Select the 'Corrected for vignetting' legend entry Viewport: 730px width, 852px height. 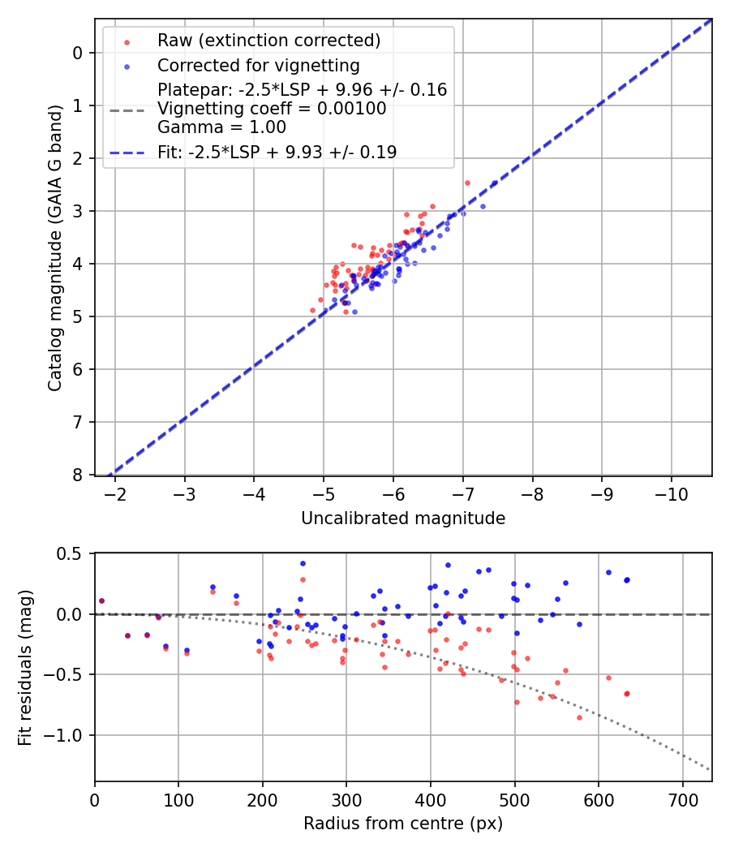pyautogui.click(x=259, y=65)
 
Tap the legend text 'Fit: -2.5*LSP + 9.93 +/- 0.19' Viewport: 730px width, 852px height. pyautogui.click(x=277, y=152)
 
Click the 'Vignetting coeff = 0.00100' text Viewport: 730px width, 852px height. pyautogui.click(x=271, y=109)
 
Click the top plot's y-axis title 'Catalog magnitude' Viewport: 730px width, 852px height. pyautogui.click(x=54, y=246)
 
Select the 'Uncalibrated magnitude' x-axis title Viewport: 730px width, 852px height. pyautogui.click(x=403, y=519)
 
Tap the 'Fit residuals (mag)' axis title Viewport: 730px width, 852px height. pyautogui.click(x=25, y=667)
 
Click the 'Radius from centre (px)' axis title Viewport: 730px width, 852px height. pyautogui.click(x=403, y=824)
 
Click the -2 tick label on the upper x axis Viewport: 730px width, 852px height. pyautogui.click(x=114, y=493)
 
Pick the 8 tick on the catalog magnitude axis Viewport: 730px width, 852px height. pyautogui.click(x=77, y=475)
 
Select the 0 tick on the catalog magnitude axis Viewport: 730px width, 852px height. pyautogui.click(x=77, y=53)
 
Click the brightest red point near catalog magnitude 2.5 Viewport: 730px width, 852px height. pyautogui.click(x=467, y=183)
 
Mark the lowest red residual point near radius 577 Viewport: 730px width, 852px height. pyautogui.click(x=579, y=717)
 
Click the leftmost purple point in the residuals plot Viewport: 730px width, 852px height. pyautogui.click(x=101, y=601)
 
